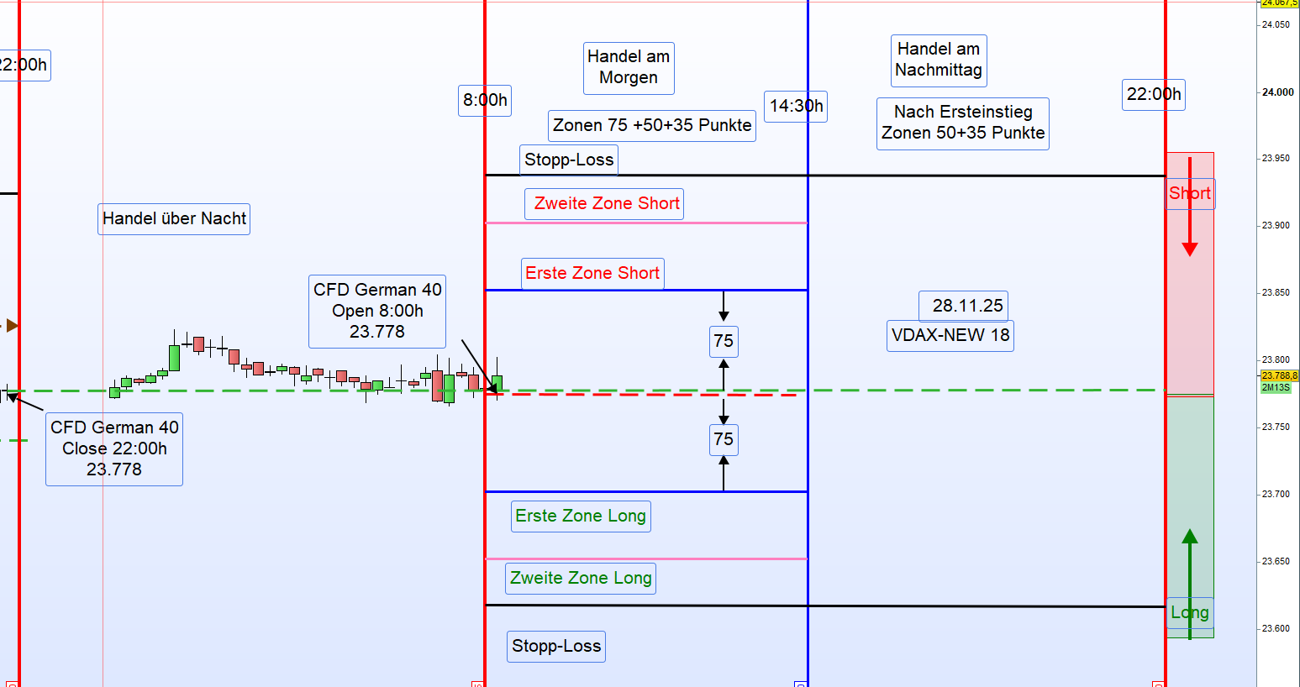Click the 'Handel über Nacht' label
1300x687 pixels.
click(x=174, y=219)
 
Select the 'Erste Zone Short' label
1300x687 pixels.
click(x=592, y=274)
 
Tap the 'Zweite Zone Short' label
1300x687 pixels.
click(x=604, y=204)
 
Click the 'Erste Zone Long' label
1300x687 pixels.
click(x=581, y=517)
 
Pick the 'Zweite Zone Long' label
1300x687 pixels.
click(x=582, y=579)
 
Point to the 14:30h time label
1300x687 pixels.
click(x=796, y=107)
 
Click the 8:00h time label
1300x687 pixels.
click(x=485, y=101)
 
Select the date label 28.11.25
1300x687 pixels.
click(x=963, y=307)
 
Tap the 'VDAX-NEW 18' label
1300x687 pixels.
click(x=950, y=336)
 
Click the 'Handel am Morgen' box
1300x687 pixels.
click(x=629, y=68)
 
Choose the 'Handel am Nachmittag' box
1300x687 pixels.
click(x=939, y=60)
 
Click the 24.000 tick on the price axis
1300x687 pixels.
click(x=1278, y=92)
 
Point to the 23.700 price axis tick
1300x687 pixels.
click(x=1276, y=495)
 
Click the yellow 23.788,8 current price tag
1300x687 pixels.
click(x=1279, y=375)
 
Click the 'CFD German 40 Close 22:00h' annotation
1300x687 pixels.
click(x=114, y=449)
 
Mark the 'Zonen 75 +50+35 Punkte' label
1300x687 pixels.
click(x=652, y=126)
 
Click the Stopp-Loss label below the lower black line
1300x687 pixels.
click(x=556, y=647)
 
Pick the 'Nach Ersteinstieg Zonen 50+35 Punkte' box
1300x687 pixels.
click(x=963, y=123)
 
